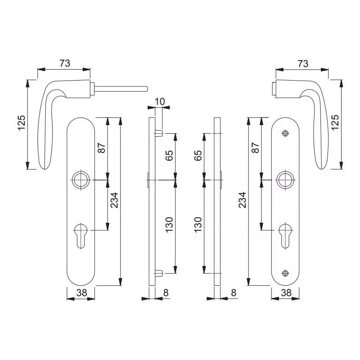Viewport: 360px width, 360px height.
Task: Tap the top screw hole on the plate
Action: pyautogui.click(x=284, y=133)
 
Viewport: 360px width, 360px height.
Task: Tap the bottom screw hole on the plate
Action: pyautogui.click(x=284, y=273)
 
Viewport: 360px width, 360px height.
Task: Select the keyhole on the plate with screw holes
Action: pyautogui.click(x=284, y=233)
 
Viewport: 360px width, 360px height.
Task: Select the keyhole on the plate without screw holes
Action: pyautogui.click(x=83, y=233)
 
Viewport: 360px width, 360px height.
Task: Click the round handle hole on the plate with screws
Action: pyautogui.click(x=284, y=179)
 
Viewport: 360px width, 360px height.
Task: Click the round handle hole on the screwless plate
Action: pyautogui.click(x=83, y=179)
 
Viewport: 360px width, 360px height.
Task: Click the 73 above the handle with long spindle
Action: pyautogui.click(x=64, y=63)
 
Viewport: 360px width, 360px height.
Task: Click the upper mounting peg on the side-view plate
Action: pyautogui.click(x=159, y=134)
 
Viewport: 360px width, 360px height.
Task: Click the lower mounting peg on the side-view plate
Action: pyautogui.click(x=159, y=273)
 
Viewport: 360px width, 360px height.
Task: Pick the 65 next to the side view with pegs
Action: pyautogui.click(x=170, y=156)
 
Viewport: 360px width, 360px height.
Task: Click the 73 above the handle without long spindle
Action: pyautogui.click(x=302, y=63)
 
